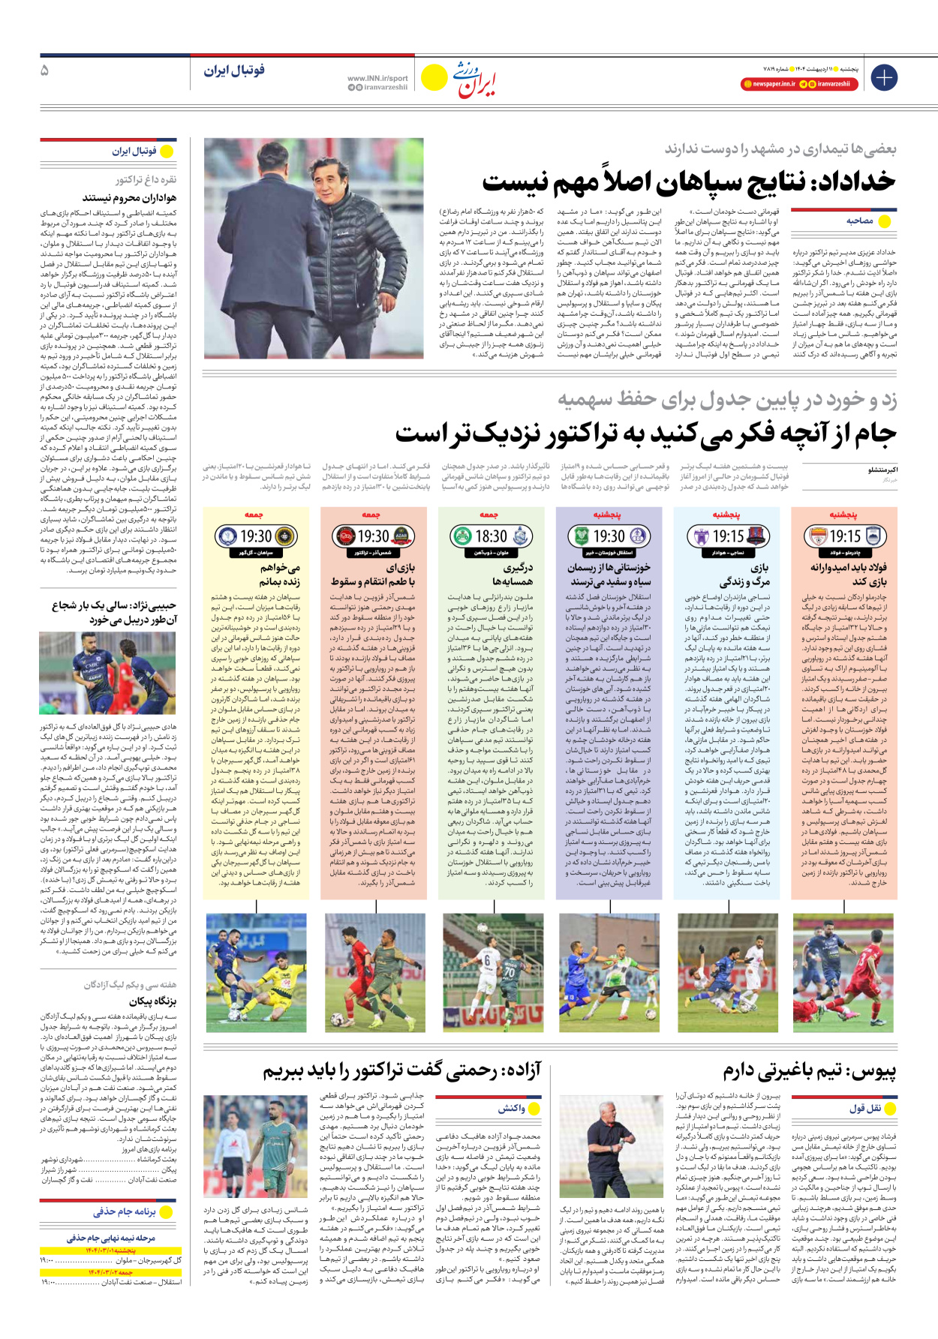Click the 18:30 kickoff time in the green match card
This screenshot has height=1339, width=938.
pyautogui.click(x=492, y=536)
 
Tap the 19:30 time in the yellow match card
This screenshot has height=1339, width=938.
pyautogui.click(x=256, y=536)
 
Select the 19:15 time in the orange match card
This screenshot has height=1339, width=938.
pyautogui.click(x=845, y=536)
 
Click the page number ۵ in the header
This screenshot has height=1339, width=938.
pyautogui.click(x=45, y=71)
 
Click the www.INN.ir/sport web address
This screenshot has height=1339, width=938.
pyautogui.click(x=377, y=78)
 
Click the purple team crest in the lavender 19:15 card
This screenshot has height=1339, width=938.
pyautogui.click(x=701, y=536)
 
